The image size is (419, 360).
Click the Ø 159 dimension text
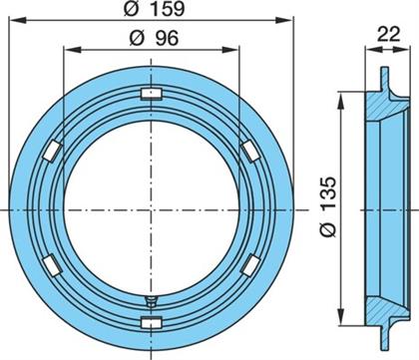pos(154,9)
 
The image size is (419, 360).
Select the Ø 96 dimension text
pos(154,38)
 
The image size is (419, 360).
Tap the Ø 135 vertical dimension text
pos(329,206)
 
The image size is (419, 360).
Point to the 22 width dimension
pos(388,34)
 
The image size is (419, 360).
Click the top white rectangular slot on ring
pos(152,94)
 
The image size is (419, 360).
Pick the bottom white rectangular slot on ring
pos(152,322)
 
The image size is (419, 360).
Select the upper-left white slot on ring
pos(53,151)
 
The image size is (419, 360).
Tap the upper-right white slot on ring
pos(250,151)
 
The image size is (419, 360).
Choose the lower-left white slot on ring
pos(53,265)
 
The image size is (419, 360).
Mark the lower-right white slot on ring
pos(250,265)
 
